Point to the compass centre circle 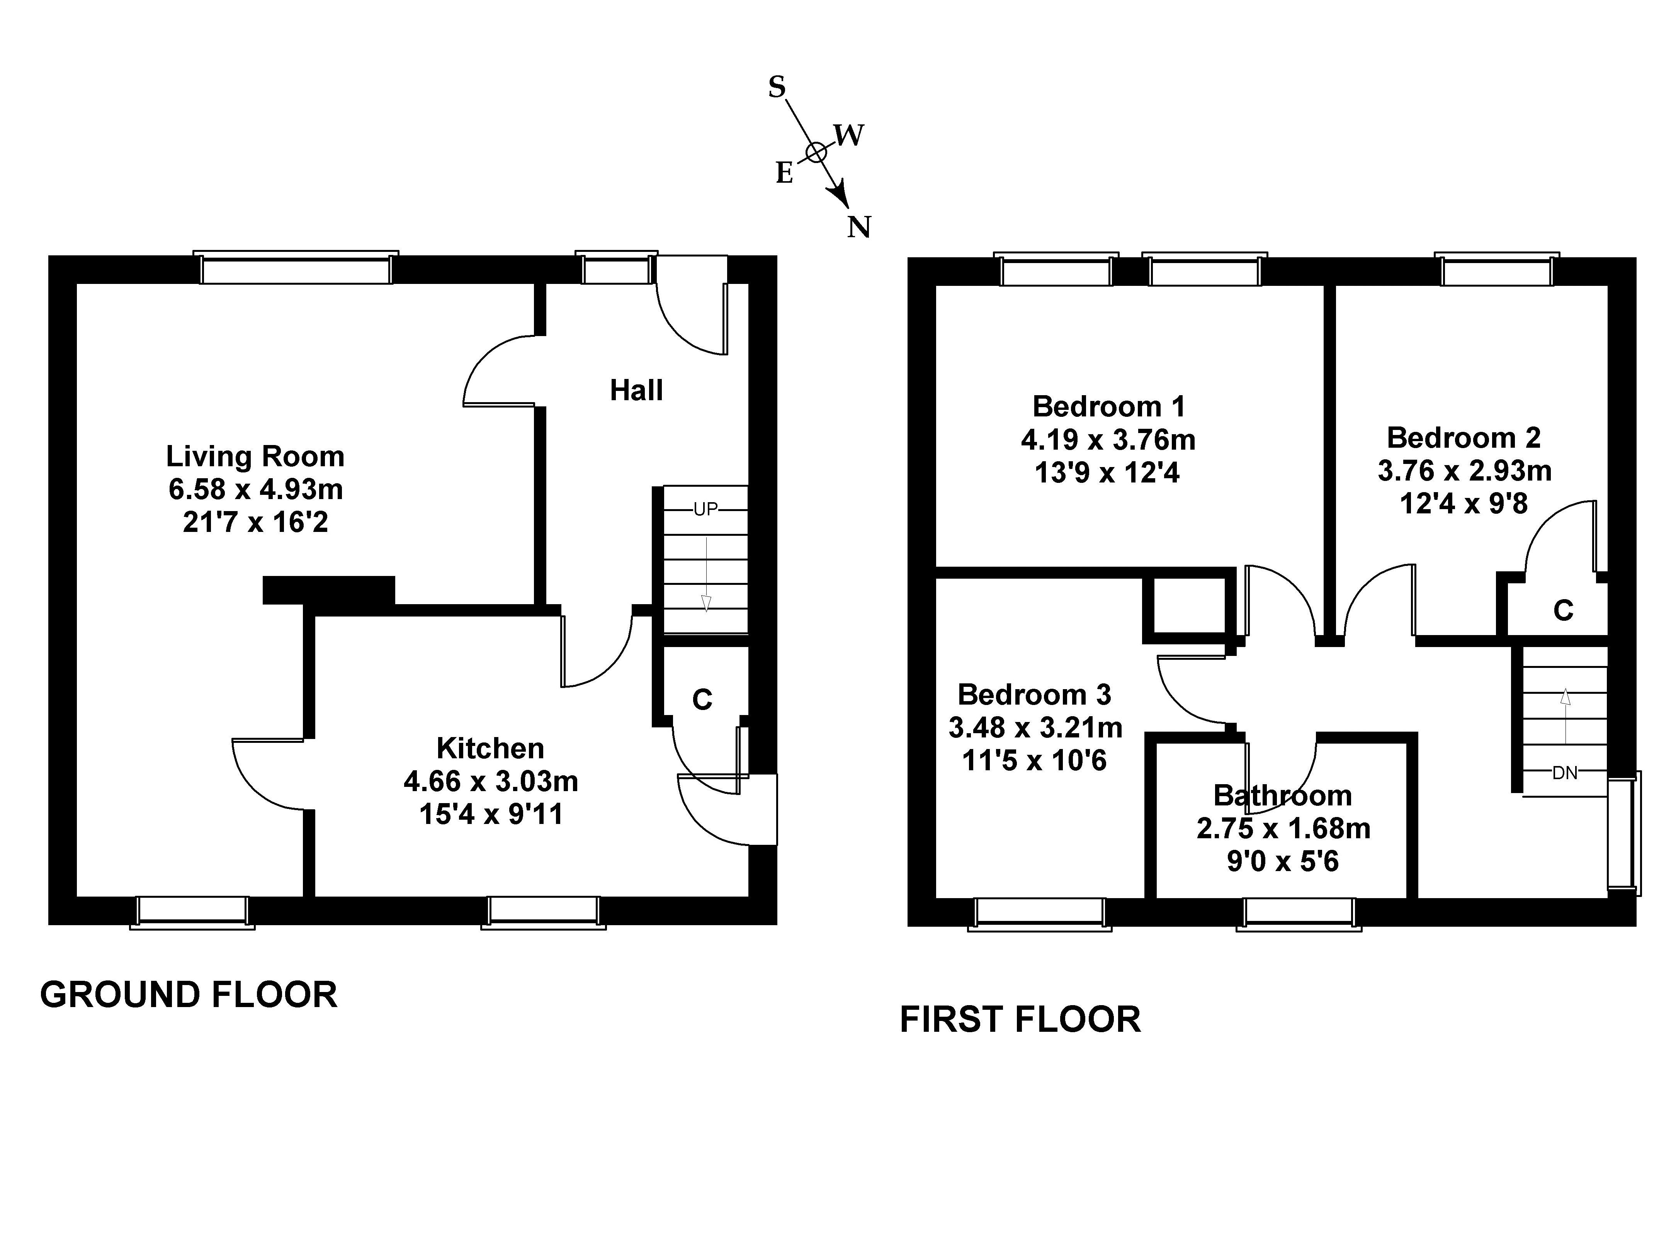coord(815,152)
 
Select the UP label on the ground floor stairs coord(705,509)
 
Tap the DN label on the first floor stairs coord(1565,773)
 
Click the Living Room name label coord(255,456)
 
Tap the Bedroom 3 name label coord(1034,694)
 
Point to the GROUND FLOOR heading coord(189,995)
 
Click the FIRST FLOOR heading coord(1020,1020)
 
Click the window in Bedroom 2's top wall coord(1496,270)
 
